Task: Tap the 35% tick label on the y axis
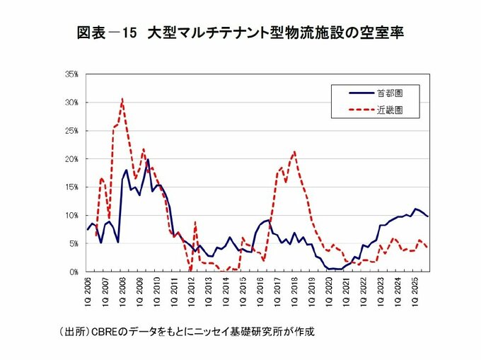point(71,74)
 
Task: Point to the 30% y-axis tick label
point(71,103)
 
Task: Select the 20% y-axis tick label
point(71,159)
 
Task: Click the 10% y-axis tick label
point(71,215)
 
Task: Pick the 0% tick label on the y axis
point(73,272)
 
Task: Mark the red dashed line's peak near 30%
point(122,99)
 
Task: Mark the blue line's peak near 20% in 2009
point(148,160)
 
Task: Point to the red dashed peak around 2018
point(294,151)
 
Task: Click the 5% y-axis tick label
point(73,243)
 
